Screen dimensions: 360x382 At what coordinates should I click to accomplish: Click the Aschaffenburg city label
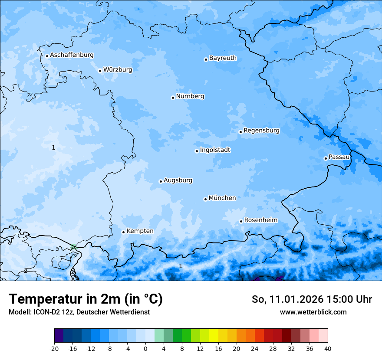pyautogui.click(x=72, y=55)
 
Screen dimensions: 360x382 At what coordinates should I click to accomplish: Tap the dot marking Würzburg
pyautogui.click(x=100, y=71)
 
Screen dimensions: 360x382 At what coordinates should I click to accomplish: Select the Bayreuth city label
pyautogui.click(x=223, y=58)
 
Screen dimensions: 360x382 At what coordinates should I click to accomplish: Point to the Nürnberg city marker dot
pyautogui.click(x=173, y=98)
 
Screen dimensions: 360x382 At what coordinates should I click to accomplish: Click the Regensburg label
pyautogui.click(x=261, y=131)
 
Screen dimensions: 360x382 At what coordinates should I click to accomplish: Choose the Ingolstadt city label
pyautogui.click(x=215, y=150)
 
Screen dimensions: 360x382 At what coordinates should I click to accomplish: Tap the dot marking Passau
pyautogui.click(x=326, y=158)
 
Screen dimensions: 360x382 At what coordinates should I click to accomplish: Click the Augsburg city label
pyautogui.click(x=178, y=180)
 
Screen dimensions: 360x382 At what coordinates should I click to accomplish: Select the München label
pyautogui.click(x=222, y=198)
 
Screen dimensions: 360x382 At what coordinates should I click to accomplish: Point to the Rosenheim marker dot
pyautogui.click(x=241, y=222)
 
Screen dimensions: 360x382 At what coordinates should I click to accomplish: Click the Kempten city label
pyautogui.click(x=140, y=231)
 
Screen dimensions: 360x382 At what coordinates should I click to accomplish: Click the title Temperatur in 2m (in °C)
pyautogui.click(x=86, y=299)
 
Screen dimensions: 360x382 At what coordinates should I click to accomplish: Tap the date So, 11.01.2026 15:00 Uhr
pyautogui.click(x=312, y=299)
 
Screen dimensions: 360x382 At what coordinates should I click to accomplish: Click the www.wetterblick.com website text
pyautogui.click(x=313, y=312)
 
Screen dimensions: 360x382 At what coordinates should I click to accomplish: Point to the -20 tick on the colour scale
pyautogui.click(x=54, y=348)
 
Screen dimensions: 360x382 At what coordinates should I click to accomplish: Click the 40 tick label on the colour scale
pyautogui.click(x=327, y=348)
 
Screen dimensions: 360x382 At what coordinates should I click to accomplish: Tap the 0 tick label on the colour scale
pyautogui.click(x=145, y=348)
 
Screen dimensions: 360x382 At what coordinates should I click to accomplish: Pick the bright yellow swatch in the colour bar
pyautogui.click(x=214, y=336)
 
